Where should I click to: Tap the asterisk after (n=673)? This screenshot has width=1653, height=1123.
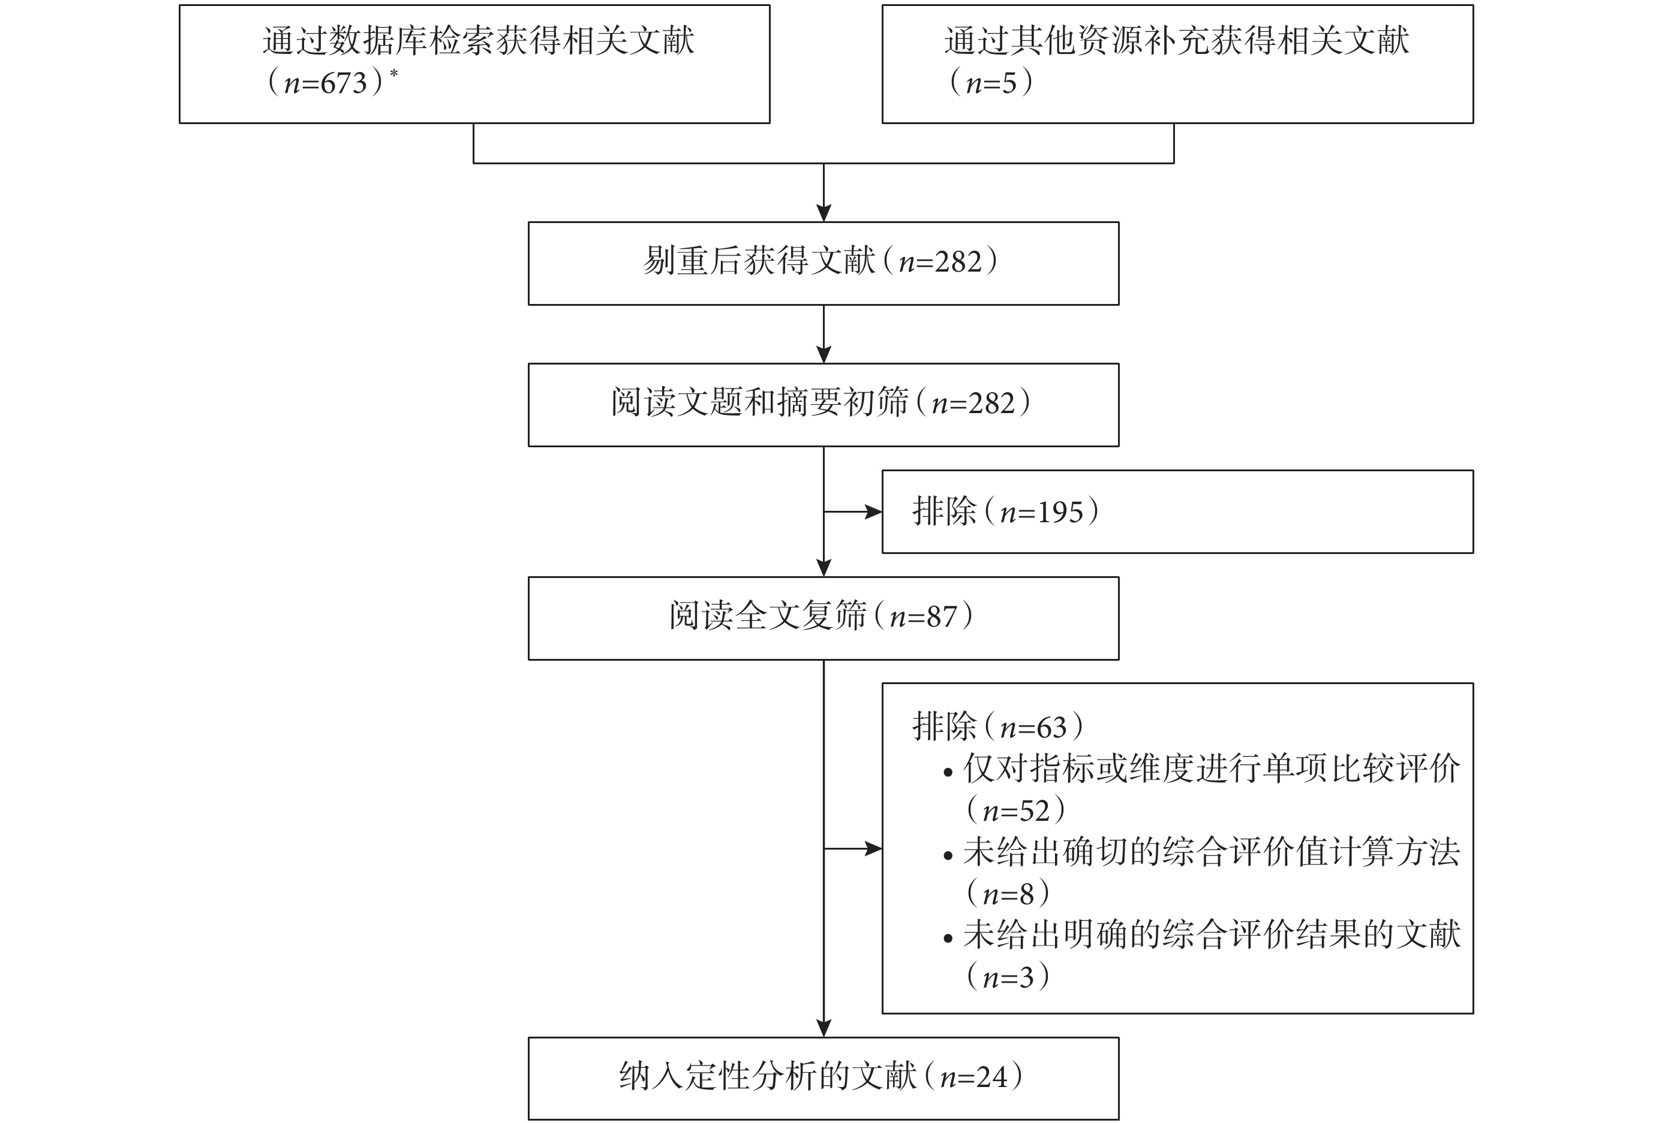(x=393, y=73)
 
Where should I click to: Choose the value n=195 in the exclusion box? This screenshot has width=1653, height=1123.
(x=1041, y=512)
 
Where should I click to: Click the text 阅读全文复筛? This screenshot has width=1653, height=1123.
(x=768, y=616)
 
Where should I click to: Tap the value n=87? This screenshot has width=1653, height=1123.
(x=923, y=616)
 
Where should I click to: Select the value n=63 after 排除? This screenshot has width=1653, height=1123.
(x=1033, y=727)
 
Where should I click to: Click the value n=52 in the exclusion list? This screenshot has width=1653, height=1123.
(x=1017, y=811)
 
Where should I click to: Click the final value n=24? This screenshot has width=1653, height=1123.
(x=973, y=1077)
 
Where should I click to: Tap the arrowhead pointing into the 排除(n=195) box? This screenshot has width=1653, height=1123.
(x=873, y=512)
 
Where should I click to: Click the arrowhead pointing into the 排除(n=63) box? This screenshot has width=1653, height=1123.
(x=873, y=848)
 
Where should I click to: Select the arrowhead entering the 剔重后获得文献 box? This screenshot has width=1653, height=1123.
(x=824, y=213)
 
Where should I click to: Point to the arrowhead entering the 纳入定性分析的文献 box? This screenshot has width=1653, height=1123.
(x=824, y=1028)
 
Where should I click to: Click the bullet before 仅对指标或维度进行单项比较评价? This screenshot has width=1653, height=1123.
(x=948, y=772)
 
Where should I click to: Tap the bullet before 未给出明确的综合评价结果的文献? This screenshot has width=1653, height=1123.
(x=948, y=939)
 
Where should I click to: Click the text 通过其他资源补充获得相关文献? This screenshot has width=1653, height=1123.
(x=1176, y=40)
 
